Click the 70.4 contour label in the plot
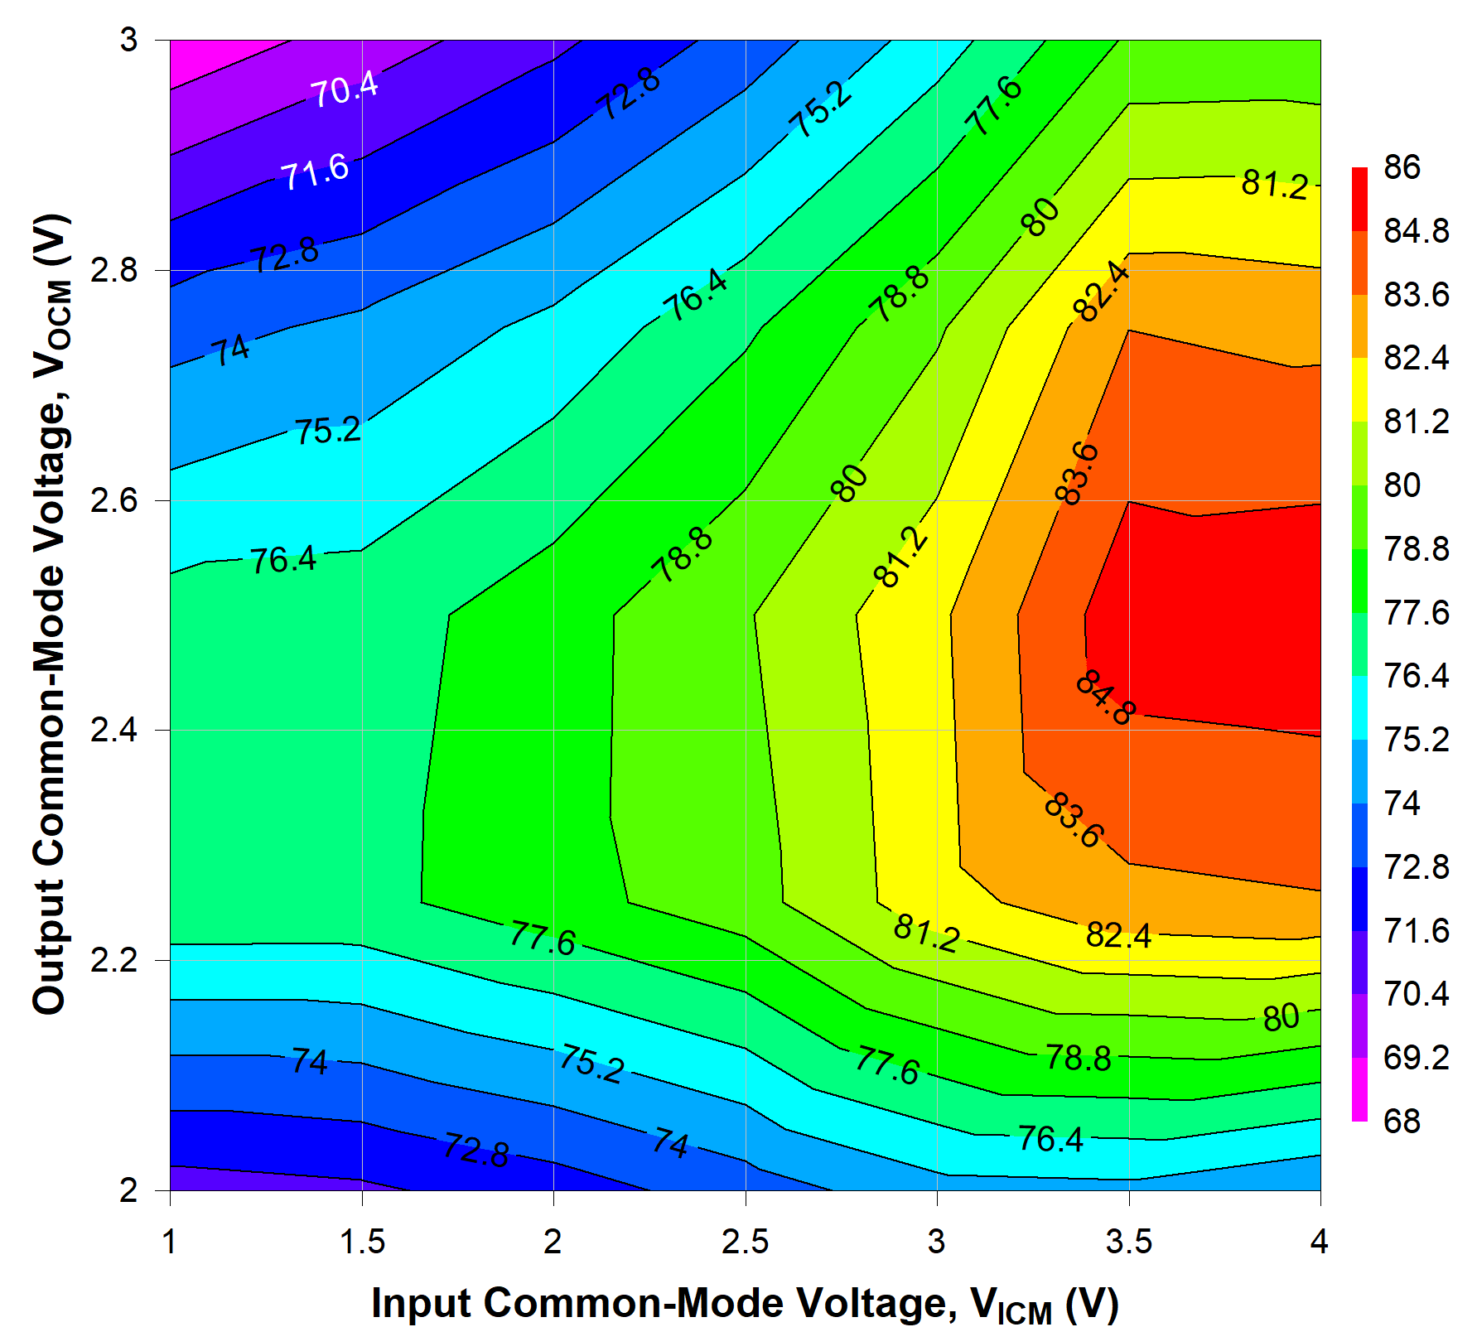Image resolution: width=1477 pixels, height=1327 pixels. pyautogui.click(x=344, y=89)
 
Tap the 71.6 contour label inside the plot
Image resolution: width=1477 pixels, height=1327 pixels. pyautogui.click(x=315, y=171)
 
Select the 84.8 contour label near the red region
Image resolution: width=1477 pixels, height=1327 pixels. pyautogui.click(x=1105, y=698)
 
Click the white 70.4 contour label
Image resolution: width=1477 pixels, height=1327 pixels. pyautogui.click(x=344, y=89)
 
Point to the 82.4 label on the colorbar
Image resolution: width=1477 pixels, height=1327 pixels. pyautogui.click(x=1416, y=358)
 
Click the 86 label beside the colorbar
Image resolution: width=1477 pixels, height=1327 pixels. pyautogui.click(x=1402, y=167)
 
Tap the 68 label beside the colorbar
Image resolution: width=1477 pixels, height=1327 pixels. pyautogui.click(x=1402, y=1121)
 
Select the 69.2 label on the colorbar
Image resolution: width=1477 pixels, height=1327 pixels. pyautogui.click(x=1416, y=1058)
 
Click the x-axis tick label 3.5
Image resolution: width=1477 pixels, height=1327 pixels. pyautogui.click(x=1129, y=1242)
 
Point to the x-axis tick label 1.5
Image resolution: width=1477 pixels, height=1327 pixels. pyautogui.click(x=362, y=1242)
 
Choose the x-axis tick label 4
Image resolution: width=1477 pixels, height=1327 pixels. pyautogui.click(x=1319, y=1242)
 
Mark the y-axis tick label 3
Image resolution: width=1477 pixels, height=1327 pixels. pyautogui.click(x=128, y=40)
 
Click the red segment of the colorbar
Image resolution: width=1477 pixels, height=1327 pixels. pyautogui.click(x=1359, y=199)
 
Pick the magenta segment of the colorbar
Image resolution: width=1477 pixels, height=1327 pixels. pyautogui.click(x=1359, y=1089)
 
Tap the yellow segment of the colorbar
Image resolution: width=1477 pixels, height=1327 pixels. pyautogui.click(x=1359, y=389)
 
